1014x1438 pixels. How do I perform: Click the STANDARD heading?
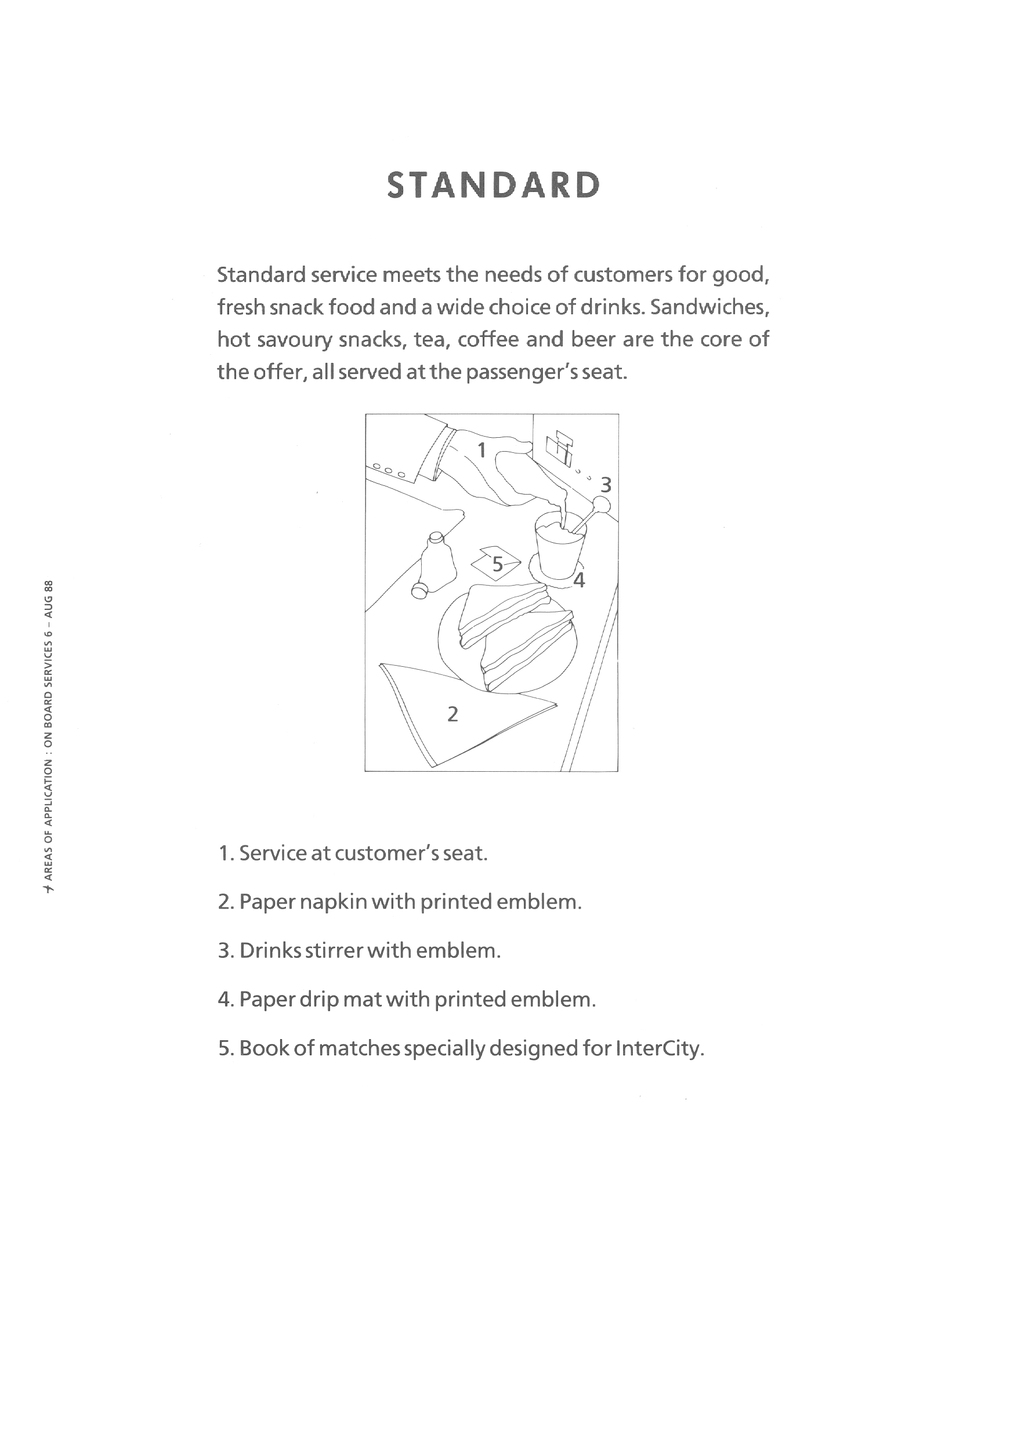[x=493, y=186]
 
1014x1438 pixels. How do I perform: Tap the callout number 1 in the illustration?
[x=481, y=450]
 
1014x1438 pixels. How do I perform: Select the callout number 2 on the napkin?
[x=452, y=713]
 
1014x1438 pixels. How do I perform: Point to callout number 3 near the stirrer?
[x=606, y=485]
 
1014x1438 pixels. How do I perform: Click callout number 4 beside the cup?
[x=579, y=580]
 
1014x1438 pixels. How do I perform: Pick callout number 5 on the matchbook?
[x=497, y=564]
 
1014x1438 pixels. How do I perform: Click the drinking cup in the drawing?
[x=559, y=547]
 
